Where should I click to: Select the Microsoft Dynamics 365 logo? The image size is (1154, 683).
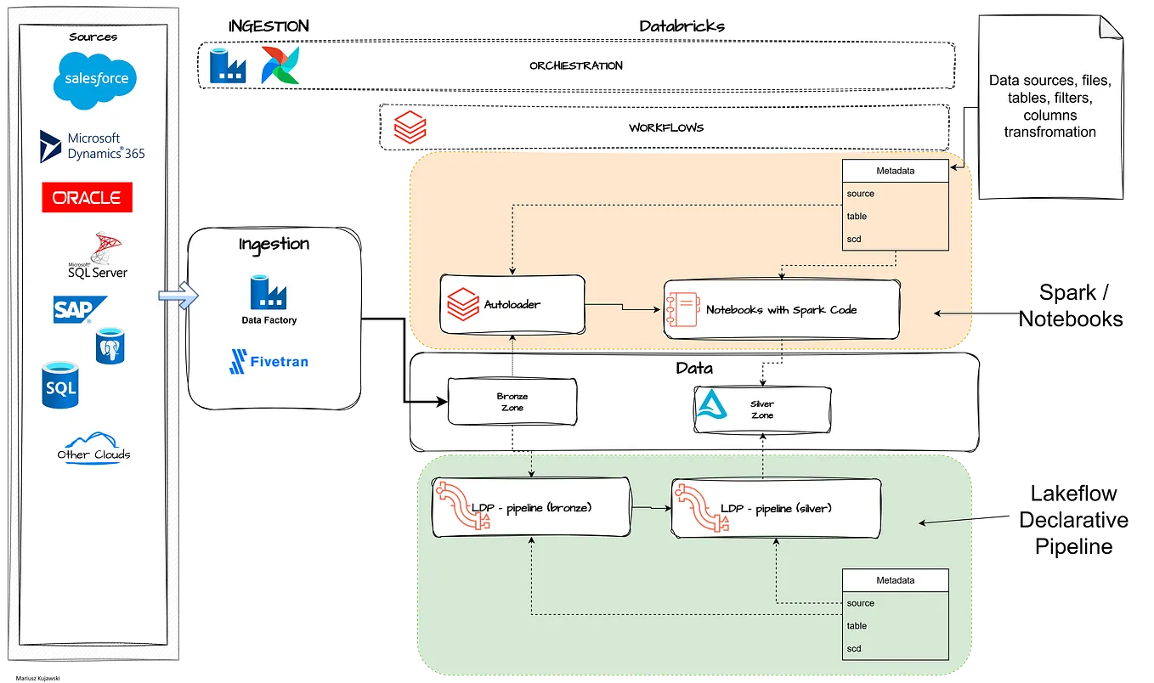93,146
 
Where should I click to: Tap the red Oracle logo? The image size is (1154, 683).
88,197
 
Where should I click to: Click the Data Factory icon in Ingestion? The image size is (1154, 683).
269,293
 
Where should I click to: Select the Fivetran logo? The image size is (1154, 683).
269,361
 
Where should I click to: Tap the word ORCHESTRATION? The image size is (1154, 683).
575,65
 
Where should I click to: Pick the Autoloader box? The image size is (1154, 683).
512,304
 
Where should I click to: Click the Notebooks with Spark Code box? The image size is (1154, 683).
781,309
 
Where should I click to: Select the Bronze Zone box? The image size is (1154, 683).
512,402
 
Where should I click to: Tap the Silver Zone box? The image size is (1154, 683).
761,409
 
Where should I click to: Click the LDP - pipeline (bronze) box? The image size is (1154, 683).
531,507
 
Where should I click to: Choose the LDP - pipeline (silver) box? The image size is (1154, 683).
774,508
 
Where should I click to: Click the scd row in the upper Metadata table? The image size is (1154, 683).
896,239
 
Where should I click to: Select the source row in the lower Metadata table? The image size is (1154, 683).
896,603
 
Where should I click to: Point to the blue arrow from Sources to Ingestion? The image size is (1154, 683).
178,296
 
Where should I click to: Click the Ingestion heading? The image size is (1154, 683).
274,244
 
